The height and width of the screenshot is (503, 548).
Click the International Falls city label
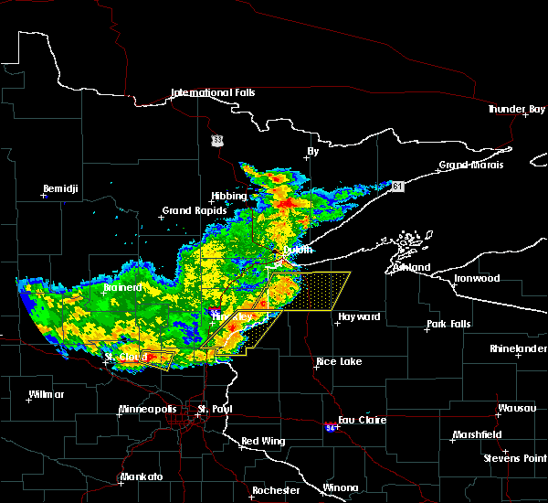pyautogui.click(x=214, y=93)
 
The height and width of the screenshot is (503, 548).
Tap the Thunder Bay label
pyautogui.click(x=516, y=109)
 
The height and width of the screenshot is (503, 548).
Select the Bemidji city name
pyautogui.click(x=59, y=189)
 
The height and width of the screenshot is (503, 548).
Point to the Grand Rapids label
pyautogui.click(x=189, y=210)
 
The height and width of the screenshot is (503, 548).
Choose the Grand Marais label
pyautogui.click(x=466, y=166)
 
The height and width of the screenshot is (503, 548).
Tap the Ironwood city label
pyautogui.click(x=479, y=278)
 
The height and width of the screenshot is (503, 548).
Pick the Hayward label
pyautogui.click(x=358, y=317)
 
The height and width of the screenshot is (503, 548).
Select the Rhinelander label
pyautogui.click(x=519, y=348)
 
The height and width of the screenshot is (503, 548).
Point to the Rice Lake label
pyautogui.click(x=338, y=361)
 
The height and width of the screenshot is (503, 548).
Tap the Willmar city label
pyautogui.click(x=46, y=394)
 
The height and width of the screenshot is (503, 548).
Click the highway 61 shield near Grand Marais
pyautogui.click(x=399, y=187)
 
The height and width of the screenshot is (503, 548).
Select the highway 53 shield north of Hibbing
pyautogui.click(x=216, y=140)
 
